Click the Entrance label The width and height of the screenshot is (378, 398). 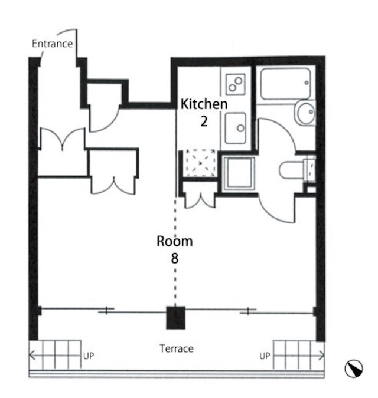(53, 44)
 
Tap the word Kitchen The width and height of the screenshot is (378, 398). (204, 104)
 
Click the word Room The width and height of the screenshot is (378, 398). (175, 241)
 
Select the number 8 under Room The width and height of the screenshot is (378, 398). (175, 258)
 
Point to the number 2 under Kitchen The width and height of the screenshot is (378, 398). (204, 121)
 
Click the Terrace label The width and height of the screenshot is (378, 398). (177, 348)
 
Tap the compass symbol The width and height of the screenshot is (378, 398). (354, 369)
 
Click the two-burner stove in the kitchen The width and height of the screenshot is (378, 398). (236, 84)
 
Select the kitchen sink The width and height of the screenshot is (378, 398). (236, 128)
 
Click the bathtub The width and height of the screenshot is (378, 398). (285, 83)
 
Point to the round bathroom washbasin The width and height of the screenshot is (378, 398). (305, 113)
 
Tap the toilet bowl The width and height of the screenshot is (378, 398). (292, 170)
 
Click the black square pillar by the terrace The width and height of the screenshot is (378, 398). (175, 318)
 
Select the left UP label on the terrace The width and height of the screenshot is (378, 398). (89, 356)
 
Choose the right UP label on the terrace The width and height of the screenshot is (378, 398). (265, 356)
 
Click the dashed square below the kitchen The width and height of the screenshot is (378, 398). (200, 163)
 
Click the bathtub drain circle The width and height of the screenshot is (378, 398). (307, 83)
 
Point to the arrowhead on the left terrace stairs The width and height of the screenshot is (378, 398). (31, 355)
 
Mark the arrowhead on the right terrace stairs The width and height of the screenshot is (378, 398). (323, 356)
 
